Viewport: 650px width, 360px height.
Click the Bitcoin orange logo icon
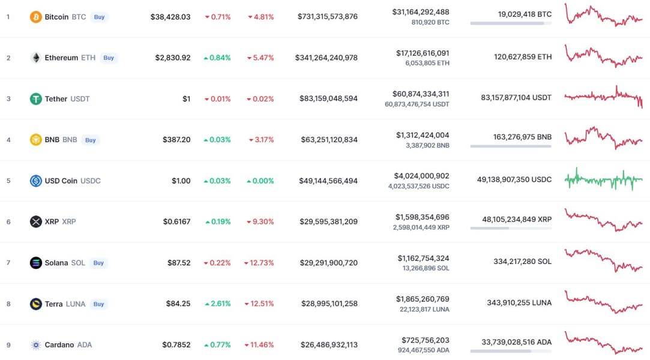click(36, 17)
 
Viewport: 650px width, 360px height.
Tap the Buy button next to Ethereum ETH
click(109, 58)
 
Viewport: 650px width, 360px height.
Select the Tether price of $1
click(187, 99)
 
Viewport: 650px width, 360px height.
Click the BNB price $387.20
click(176, 140)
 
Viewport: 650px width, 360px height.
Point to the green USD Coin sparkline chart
click(603, 179)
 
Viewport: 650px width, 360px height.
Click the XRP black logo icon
click(36, 221)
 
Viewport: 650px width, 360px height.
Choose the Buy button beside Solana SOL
click(98, 263)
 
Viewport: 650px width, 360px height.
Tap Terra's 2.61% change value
click(217, 304)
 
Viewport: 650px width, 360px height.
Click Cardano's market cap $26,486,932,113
click(328, 344)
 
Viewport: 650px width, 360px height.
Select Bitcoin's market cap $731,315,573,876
click(327, 17)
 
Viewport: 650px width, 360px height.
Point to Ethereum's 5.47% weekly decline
click(261, 58)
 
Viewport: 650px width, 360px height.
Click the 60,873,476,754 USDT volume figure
click(417, 104)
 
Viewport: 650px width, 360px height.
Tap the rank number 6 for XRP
click(8, 221)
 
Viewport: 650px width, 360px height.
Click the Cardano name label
click(59, 344)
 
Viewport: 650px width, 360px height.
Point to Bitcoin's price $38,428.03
click(170, 17)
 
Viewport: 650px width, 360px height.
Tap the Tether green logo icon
click(36, 98)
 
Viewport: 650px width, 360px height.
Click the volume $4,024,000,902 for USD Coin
click(422, 176)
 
